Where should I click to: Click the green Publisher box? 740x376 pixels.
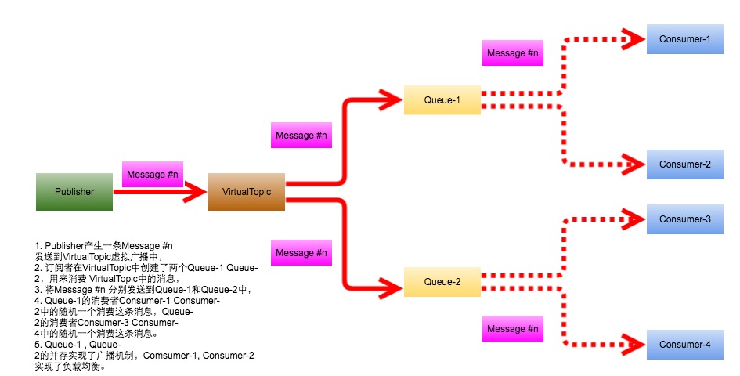click(74, 192)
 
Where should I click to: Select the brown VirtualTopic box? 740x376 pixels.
click(246, 192)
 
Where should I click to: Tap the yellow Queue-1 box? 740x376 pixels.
click(442, 99)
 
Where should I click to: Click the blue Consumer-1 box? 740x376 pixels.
click(684, 38)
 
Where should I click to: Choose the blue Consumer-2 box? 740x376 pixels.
click(684, 164)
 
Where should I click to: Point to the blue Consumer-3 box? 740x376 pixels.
click(684, 219)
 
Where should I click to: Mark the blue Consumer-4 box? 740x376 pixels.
click(684, 345)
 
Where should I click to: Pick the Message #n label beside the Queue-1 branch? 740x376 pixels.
click(301, 136)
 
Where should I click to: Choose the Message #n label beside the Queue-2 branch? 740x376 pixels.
click(301, 253)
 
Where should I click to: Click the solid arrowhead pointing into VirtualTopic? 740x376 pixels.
click(194, 191)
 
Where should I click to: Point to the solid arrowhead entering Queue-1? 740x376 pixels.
click(388, 99)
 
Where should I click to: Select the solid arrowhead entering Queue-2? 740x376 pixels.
click(388, 282)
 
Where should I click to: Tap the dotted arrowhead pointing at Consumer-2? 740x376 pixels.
click(633, 164)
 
